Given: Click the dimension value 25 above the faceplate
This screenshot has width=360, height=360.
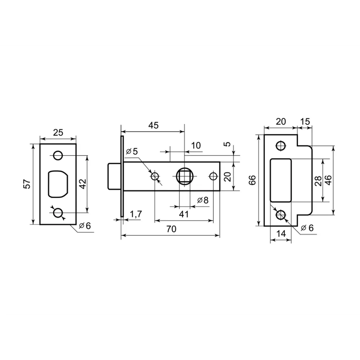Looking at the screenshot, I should [58, 132].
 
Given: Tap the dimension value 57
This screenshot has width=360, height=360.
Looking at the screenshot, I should [26, 184].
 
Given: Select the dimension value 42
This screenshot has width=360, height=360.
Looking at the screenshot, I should [82, 184].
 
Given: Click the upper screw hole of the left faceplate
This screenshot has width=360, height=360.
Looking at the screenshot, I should [57, 156].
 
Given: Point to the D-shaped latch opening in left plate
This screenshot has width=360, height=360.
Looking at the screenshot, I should [58, 184].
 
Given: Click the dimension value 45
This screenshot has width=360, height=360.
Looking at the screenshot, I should [153, 125].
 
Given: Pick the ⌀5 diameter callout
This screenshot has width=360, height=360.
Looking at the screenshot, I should [132, 151].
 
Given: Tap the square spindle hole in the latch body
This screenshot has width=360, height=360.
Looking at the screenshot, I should [184, 176].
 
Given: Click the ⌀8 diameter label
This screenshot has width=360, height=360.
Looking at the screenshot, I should [203, 200].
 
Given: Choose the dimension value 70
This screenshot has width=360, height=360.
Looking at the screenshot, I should [171, 230].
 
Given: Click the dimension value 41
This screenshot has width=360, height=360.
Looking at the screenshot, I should [184, 214].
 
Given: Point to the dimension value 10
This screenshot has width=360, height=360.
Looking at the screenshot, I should [196, 145].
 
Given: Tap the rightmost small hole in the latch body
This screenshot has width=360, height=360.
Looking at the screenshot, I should [213, 176].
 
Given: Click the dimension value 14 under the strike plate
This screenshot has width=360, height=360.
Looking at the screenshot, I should [281, 233].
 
